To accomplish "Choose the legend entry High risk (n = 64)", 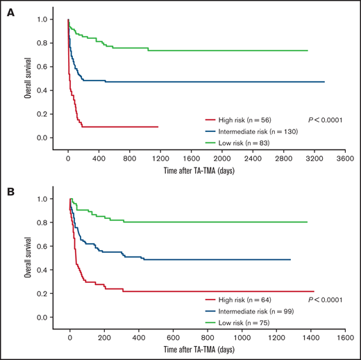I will click(x=242, y=299).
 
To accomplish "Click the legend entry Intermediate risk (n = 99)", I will click(x=250, y=311).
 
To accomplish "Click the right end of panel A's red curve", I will click(x=158, y=127).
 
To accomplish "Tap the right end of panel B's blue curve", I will click(x=289, y=260).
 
